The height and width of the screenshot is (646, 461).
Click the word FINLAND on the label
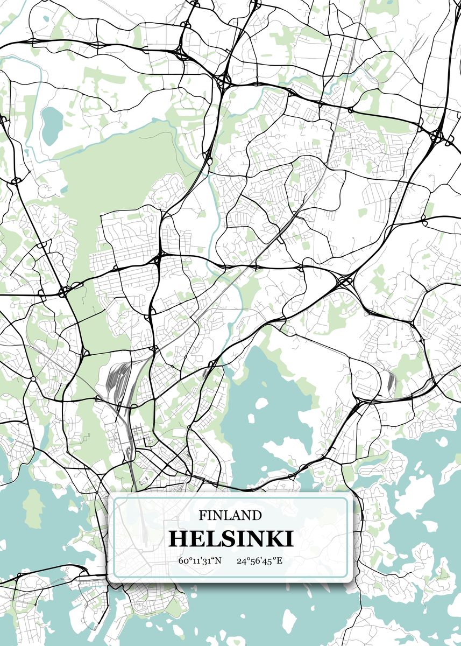click(x=230, y=515)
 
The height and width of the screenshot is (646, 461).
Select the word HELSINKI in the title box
click(x=231, y=538)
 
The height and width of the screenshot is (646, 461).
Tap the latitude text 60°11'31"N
click(x=200, y=561)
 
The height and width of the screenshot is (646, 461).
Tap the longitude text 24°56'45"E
click(x=259, y=561)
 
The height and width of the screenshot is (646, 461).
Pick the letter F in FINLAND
click(x=202, y=515)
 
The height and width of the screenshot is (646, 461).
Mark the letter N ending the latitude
click(x=218, y=561)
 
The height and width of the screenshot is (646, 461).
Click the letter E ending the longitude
click(x=279, y=561)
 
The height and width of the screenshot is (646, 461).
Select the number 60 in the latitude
click(x=183, y=561)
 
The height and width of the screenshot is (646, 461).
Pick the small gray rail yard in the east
click(x=389, y=381)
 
